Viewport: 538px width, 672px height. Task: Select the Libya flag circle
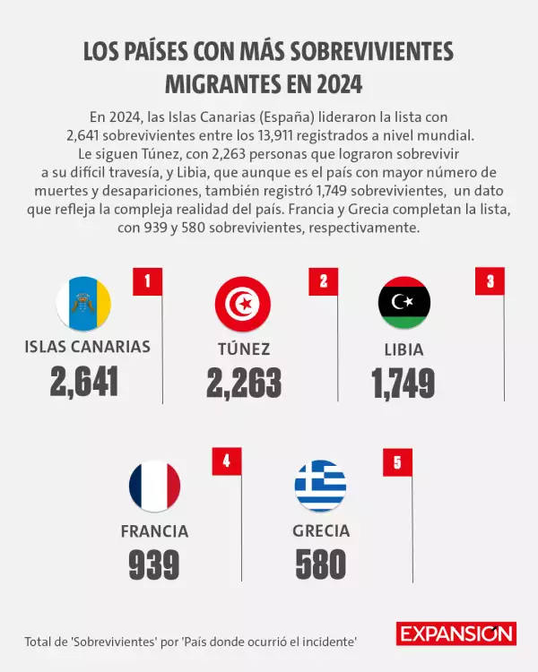click(404, 303)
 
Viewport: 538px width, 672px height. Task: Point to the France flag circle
click(154, 486)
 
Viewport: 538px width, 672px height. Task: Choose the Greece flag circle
click(320, 486)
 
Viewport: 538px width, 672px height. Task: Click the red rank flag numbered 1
click(147, 281)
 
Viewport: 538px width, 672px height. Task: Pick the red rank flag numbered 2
click(323, 281)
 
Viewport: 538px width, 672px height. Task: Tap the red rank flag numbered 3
click(490, 281)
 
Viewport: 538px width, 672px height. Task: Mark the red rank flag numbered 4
click(227, 461)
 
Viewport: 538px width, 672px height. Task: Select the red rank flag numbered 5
click(397, 461)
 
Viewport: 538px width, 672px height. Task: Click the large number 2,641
click(84, 383)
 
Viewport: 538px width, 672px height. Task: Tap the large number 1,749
click(403, 383)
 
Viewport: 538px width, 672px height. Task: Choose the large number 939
click(154, 564)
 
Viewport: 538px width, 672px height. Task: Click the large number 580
click(320, 564)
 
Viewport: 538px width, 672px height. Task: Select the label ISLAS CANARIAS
click(88, 348)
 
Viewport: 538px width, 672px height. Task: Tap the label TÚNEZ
click(243, 349)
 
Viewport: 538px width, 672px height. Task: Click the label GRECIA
click(321, 530)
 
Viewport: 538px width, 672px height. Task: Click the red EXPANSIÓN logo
click(456, 634)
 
